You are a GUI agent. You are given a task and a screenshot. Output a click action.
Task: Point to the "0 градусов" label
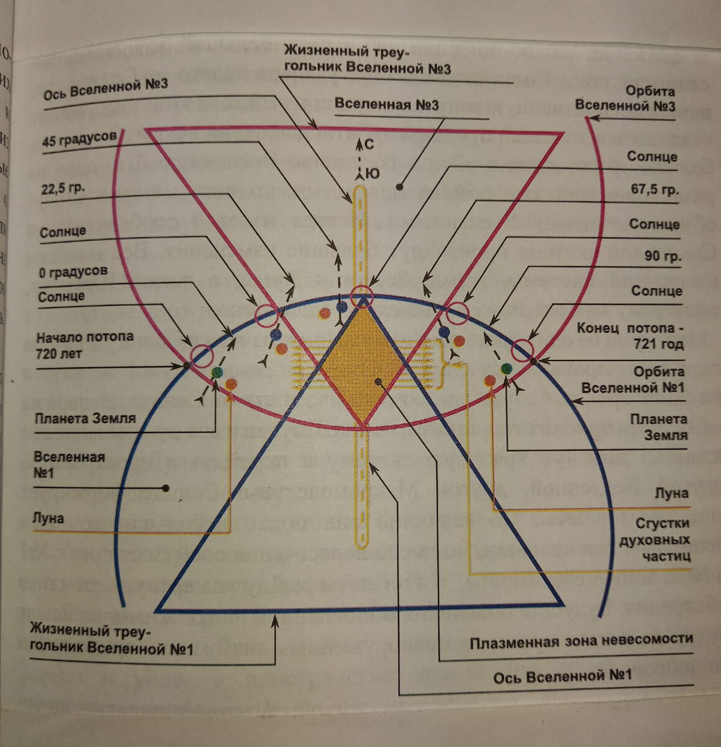73,271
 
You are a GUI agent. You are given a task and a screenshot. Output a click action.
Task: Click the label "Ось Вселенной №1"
562,675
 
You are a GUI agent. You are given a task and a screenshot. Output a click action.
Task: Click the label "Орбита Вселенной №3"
625,98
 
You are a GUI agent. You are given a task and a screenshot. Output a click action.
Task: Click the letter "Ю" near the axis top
371,174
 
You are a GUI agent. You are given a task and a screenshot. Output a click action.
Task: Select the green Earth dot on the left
217,372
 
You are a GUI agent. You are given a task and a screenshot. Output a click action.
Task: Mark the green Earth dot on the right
506,368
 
